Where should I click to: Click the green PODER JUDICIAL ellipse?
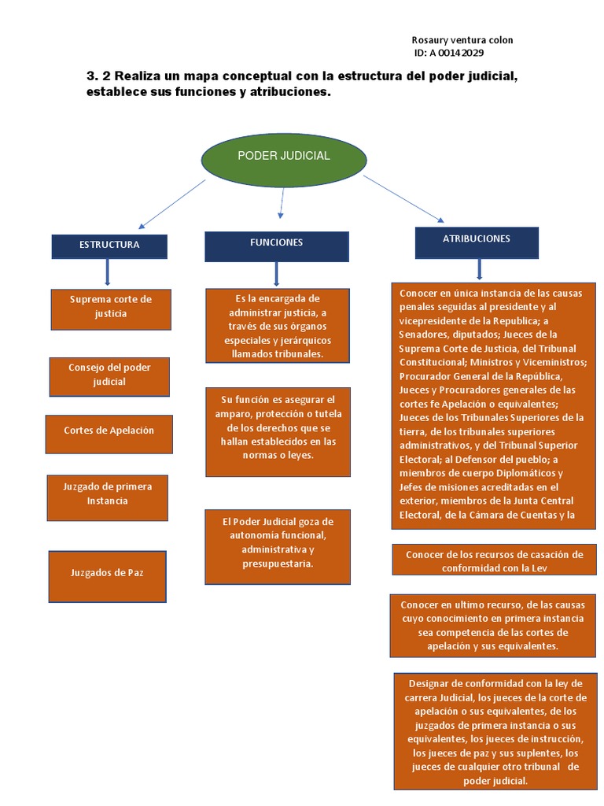pyautogui.click(x=283, y=157)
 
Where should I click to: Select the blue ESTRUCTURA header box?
pyautogui.click(x=109, y=246)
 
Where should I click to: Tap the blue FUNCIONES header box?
pyautogui.click(x=277, y=246)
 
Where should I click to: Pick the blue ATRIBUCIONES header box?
pyautogui.click(x=477, y=242)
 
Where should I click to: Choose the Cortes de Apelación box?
pyautogui.click(x=109, y=432)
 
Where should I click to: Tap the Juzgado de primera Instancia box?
pyautogui.click(x=108, y=496)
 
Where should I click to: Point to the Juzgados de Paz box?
pyautogui.click(x=107, y=575)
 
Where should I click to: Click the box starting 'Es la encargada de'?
pyautogui.click(x=277, y=326)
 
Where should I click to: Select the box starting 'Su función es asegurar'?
pyautogui.click(x=278, y=431)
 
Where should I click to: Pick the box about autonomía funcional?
pyautogui.click(x=278, y=545)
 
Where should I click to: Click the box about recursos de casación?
pyautogui.click(x=494, y=560)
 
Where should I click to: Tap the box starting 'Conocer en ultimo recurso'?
pyautogui.click(x=494, y=625)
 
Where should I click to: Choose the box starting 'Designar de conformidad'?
pyautogui.click(x=494, y=731)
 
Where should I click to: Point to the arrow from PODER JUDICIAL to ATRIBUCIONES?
pyautogui.click(x=403, y=199)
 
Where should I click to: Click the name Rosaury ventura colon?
pyautogui.click(x=462, y=40)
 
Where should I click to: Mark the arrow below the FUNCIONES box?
pyautogui.click(x=276, y=274)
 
